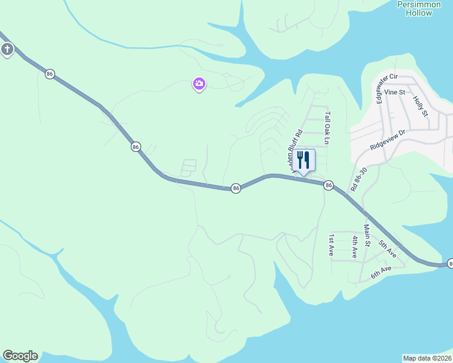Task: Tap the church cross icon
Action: (x=7, y=50)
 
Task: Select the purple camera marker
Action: (x=199, y=83)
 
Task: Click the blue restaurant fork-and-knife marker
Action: (x=304, y=160)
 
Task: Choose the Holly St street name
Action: (x=420, y=105)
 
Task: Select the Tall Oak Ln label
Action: (x=328, y=128)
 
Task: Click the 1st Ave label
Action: (x=331, y=245)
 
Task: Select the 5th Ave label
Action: (x=388, y=249)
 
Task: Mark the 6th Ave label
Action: (x=382, y=272)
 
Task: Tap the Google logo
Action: (x=20, y=356)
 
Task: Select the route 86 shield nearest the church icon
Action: (x=50, y=74)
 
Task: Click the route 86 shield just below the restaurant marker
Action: (x=328, y=185)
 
